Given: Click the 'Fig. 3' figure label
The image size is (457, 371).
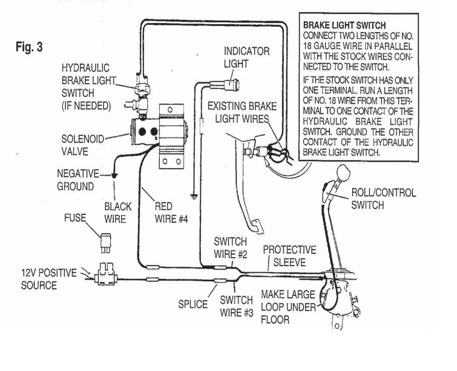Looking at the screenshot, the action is coord(29,47).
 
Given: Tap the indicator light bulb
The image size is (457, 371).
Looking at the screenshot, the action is coord(232,85).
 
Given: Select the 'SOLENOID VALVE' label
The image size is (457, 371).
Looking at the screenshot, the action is coord(82,145).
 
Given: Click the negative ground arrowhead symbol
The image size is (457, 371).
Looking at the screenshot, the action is coord(114,176).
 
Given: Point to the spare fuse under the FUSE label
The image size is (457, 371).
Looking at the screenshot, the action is coord(105,242).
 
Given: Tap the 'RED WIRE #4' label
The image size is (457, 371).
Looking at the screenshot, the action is coord(171,213).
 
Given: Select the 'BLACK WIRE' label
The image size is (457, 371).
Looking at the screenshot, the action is coord(118,213).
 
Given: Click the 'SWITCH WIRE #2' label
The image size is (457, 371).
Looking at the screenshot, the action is coord(230,248).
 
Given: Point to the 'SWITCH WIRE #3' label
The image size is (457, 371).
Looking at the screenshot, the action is coord(237,306).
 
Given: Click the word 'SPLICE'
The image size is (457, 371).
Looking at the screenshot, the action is coord(192,304).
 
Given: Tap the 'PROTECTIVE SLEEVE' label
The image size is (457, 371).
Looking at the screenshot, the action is coord(289,256).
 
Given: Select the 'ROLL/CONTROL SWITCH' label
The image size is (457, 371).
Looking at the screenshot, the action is coord(384,199).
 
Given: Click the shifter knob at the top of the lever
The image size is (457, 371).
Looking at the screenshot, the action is coord(343,172).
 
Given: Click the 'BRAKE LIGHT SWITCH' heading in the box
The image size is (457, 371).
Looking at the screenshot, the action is coord(344,25).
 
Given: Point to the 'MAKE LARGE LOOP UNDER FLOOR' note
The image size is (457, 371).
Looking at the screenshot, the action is coord(288,307).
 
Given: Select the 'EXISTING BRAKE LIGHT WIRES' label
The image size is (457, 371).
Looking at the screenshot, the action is coord(242,112).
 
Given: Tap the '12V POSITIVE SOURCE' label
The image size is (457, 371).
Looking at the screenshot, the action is coord(48,279).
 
